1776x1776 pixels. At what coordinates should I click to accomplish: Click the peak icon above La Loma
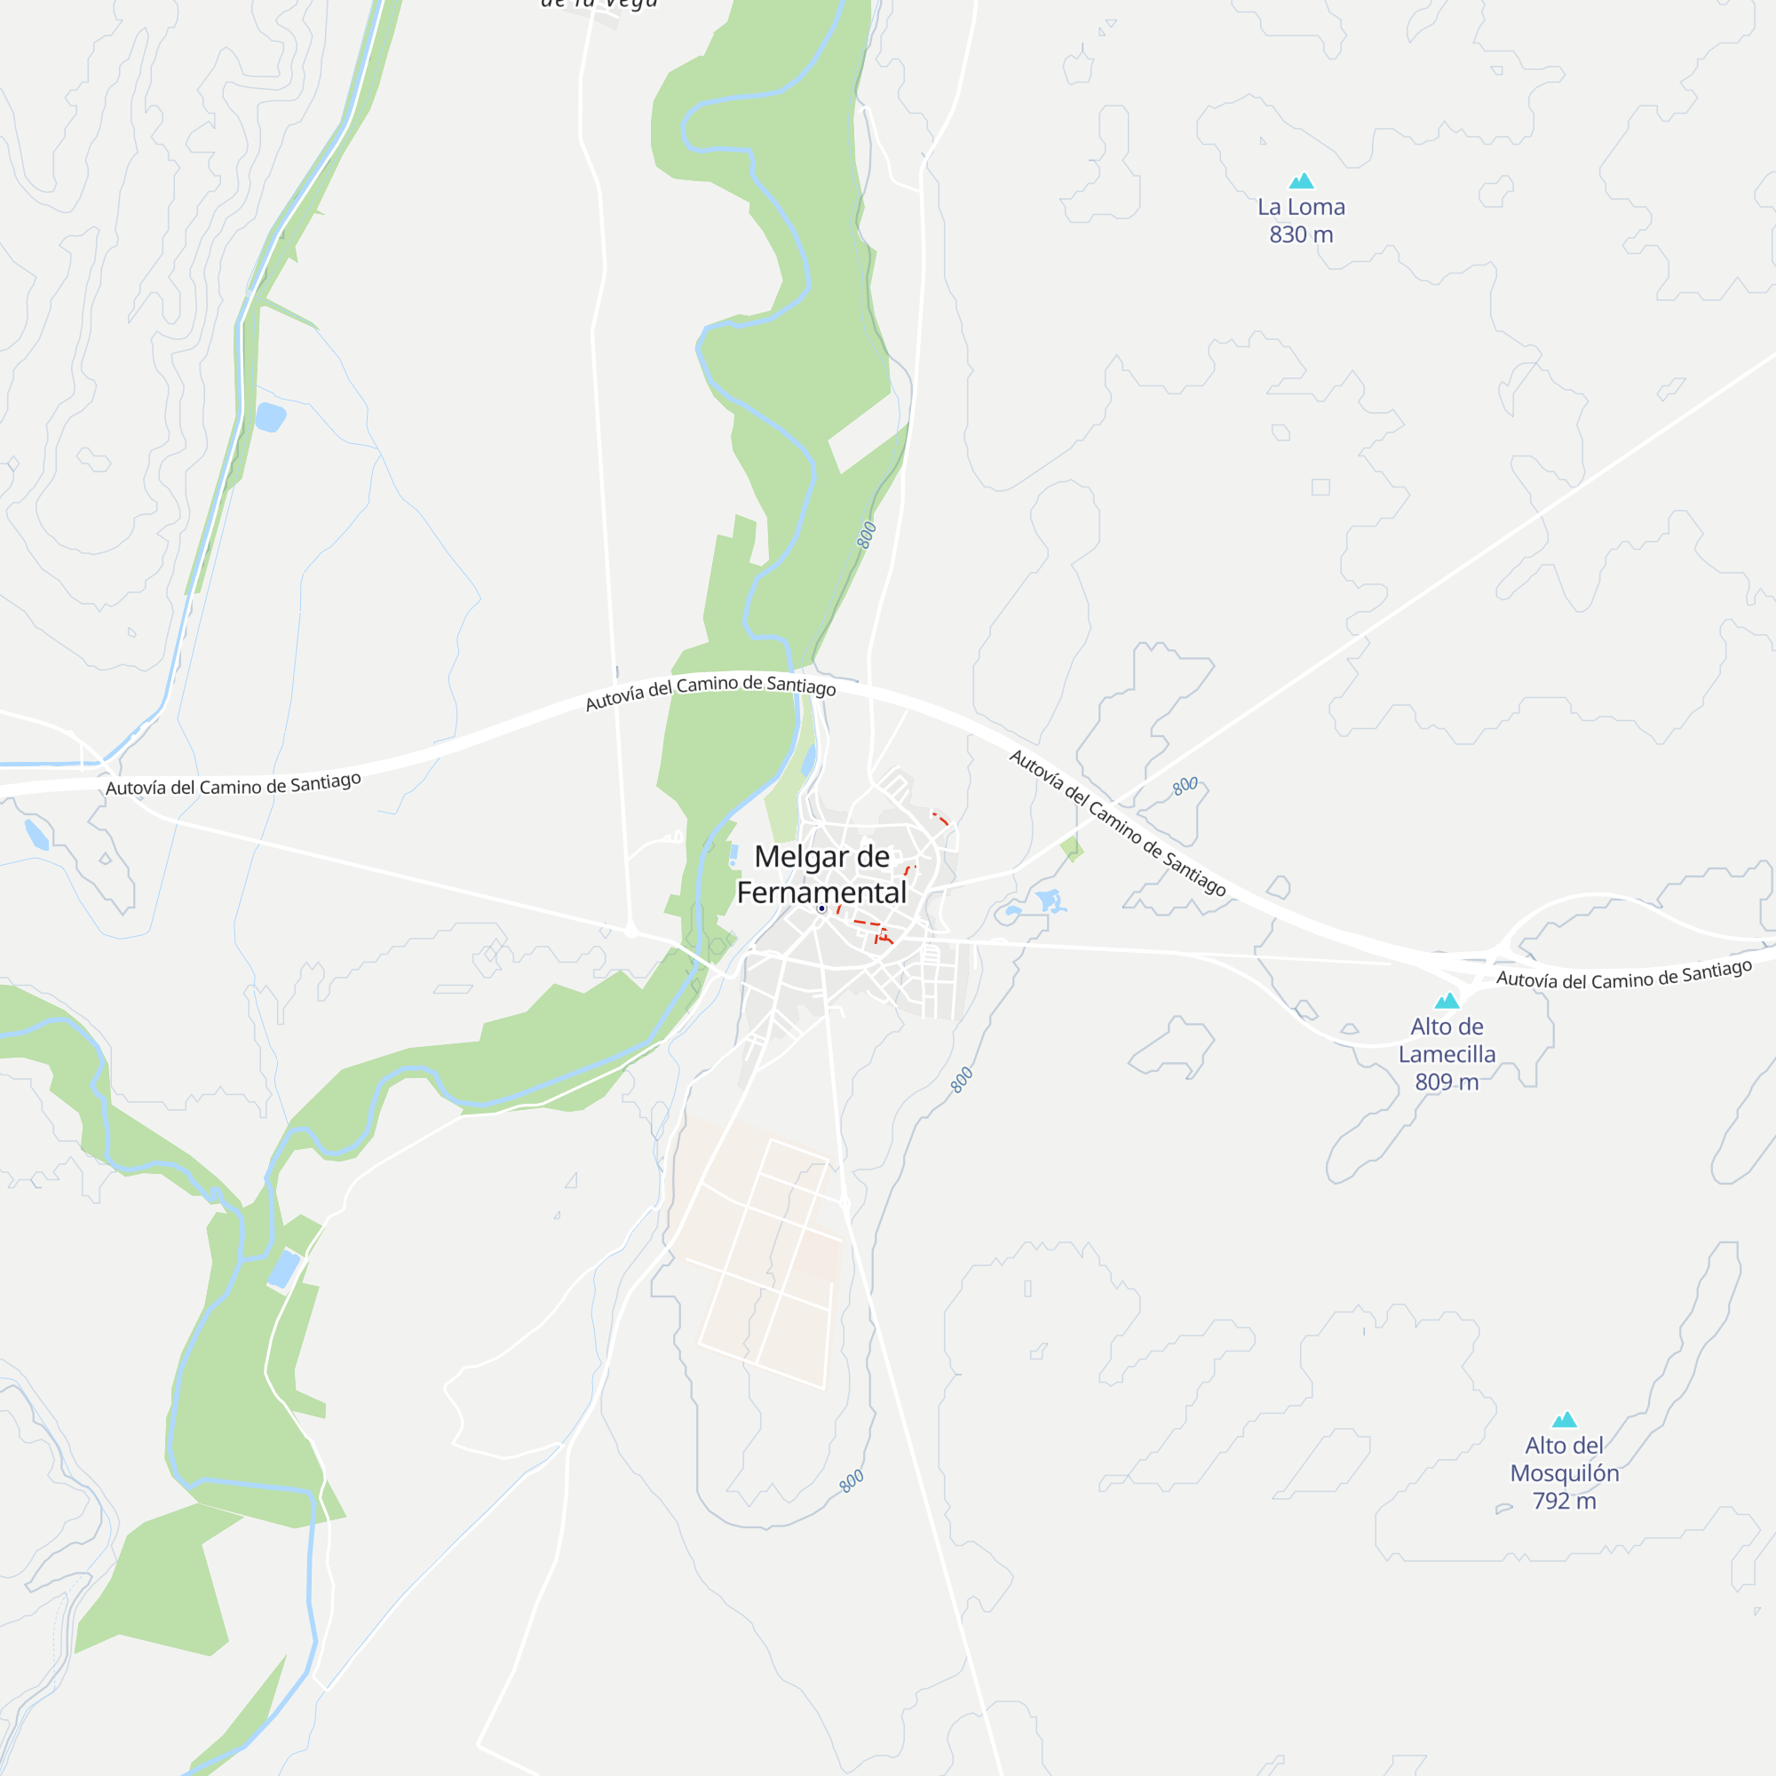click(x=1301, y=180)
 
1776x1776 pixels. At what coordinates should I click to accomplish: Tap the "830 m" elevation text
click(x=1301, y=234)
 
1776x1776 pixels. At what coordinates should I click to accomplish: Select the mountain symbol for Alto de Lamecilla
click(x=1447, y=1000)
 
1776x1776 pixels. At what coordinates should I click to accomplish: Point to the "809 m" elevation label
click(x=1447, y=1082)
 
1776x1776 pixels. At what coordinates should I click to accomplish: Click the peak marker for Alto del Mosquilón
click(x=1565, y=1419)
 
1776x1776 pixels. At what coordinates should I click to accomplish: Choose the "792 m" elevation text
click(x=1565, y=1501)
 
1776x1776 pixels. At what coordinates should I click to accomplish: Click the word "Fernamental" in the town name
click(x=821, y=892)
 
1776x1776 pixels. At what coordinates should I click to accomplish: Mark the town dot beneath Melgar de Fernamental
click(x=821, y=908)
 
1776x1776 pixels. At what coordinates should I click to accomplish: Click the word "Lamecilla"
click(x=1447, y=1054)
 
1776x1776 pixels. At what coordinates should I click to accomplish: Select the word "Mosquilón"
click(x=1565, y=1473)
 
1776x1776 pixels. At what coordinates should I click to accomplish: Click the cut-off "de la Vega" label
click(x=599, y=4)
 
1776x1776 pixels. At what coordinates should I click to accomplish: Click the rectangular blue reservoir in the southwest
click(x=284, y=1270)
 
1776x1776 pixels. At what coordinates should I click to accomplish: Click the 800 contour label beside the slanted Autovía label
click(x=1185, y=785)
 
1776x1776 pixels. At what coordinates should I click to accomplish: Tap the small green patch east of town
click(x=1071, y=848)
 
